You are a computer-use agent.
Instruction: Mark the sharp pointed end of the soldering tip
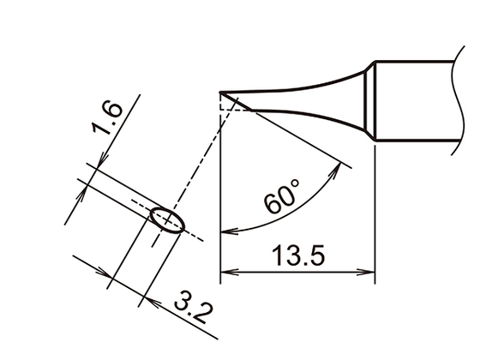pos(222,93)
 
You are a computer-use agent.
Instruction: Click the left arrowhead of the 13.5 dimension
pos(227,275)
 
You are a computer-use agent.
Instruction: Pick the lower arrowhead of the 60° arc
pos(226,231)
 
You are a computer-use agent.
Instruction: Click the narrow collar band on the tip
pos(371,101)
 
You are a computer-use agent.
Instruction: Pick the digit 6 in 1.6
pos(116,111)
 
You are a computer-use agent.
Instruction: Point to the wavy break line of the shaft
pos(454,101)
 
